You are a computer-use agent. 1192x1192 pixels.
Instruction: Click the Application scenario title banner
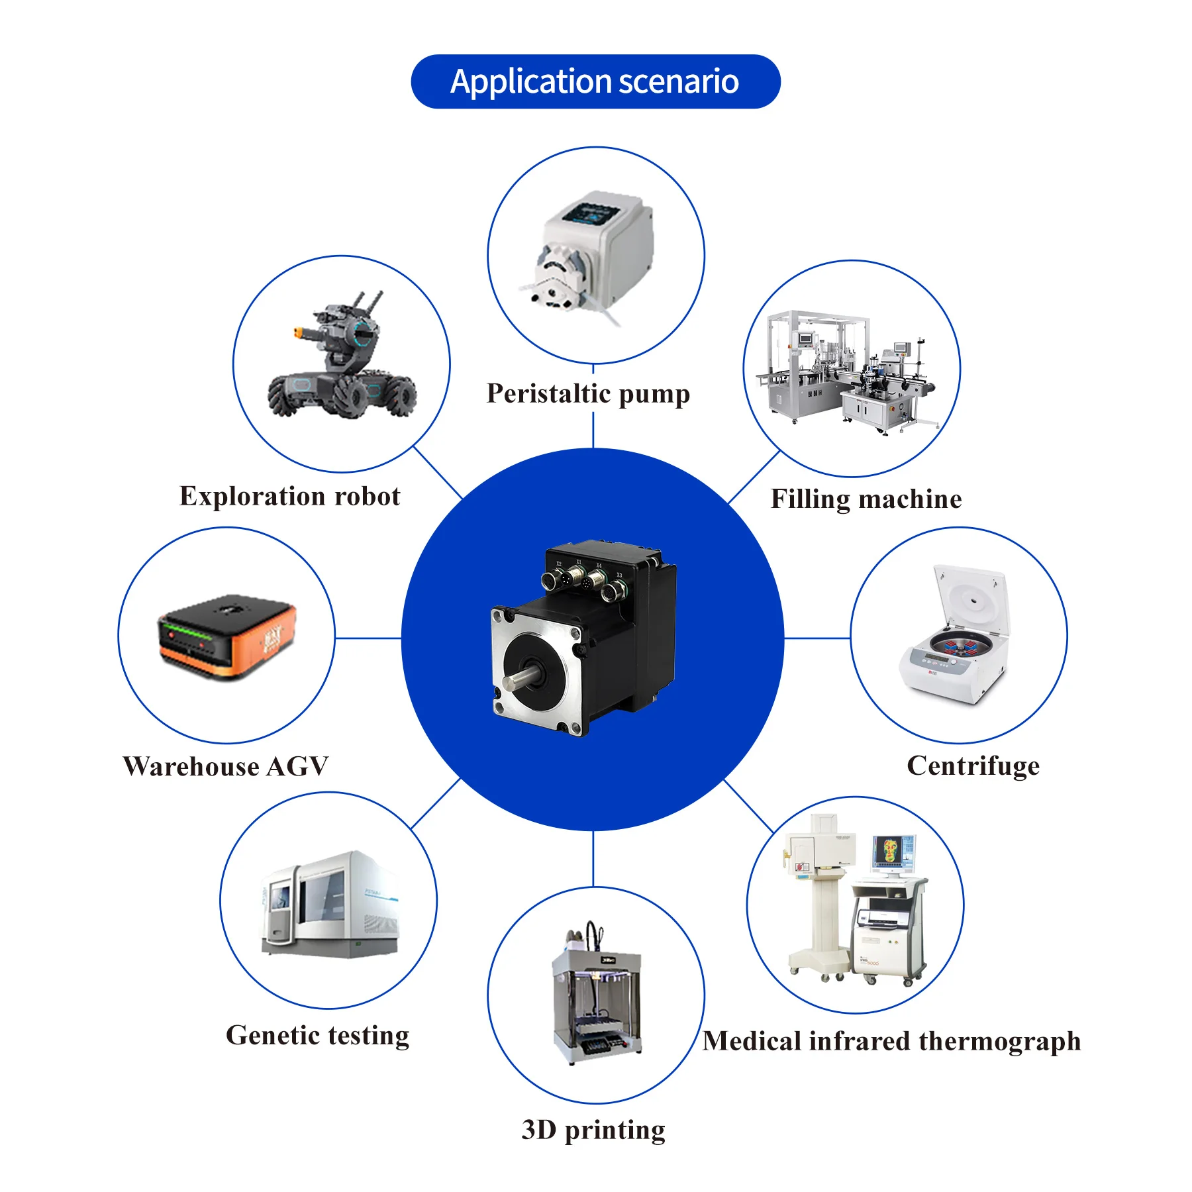[595, 81]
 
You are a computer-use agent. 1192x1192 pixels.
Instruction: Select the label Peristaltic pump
[588, 393]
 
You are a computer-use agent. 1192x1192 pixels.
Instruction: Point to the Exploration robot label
[289, 496]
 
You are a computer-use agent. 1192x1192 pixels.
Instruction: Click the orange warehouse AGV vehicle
[226, 634]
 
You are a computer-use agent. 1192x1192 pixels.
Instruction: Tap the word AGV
[297, 766]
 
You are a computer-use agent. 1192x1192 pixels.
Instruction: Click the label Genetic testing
[317, 1035]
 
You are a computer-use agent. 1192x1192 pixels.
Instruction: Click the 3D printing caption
[593, 1130]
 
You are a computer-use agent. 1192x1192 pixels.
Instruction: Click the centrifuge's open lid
[972, 599]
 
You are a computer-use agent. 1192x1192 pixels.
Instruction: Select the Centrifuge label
[973, 766]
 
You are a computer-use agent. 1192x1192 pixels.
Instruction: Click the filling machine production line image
[851, 371]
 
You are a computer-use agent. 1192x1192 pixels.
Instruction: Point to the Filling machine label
[866, 499]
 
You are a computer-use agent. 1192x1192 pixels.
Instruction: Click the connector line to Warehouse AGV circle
[368, 638]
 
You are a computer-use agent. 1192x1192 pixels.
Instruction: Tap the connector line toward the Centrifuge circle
[817, 638]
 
